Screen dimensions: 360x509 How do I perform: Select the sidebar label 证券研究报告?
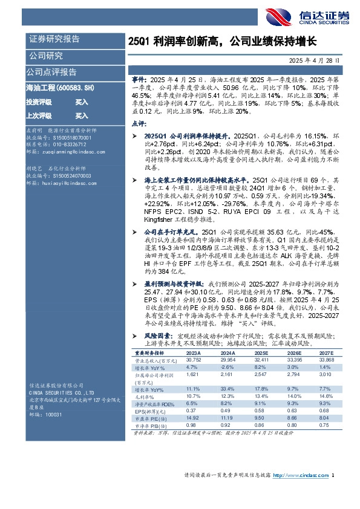point(54,39)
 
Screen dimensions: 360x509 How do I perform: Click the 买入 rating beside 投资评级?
point(82,102)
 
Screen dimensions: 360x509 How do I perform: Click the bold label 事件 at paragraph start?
point(140,79)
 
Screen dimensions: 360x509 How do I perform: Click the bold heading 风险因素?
point(156,334)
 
